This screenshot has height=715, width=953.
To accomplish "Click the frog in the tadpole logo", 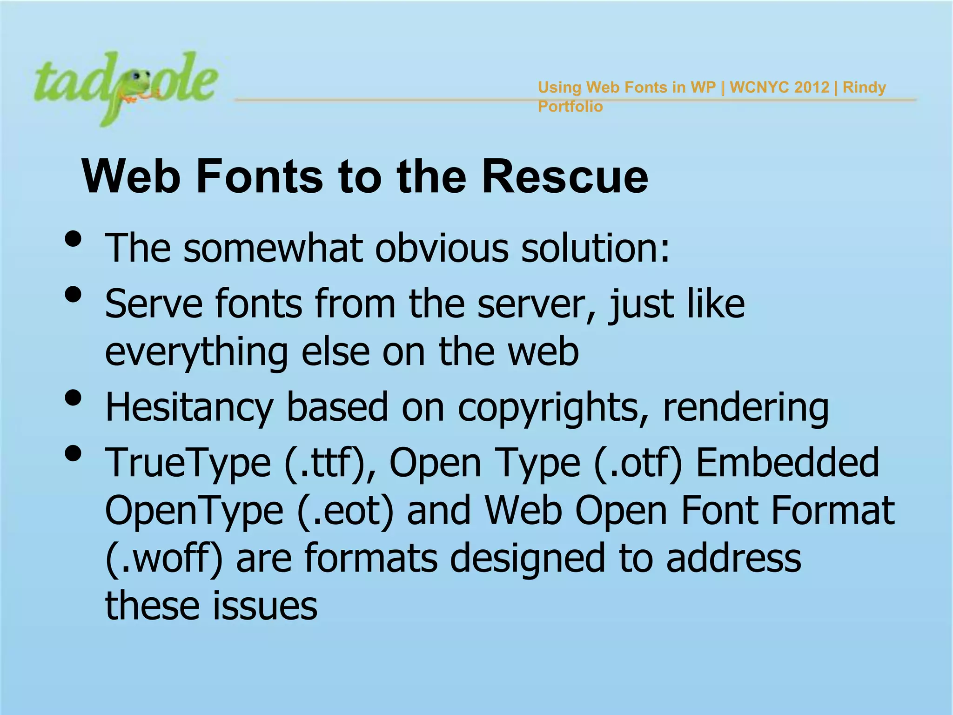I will coord(137,86).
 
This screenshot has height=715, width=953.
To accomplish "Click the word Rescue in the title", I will coord(564,177).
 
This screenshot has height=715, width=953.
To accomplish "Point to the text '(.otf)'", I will coord(638,463).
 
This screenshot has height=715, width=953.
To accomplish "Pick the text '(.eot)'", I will coord(345,511).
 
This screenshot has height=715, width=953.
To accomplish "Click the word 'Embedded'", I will coord(787,463).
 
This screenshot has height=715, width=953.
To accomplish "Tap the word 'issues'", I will coord(265,606).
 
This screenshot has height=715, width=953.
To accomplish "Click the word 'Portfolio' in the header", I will coord(570,107).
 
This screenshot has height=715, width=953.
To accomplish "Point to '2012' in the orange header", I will coord(812,87).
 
